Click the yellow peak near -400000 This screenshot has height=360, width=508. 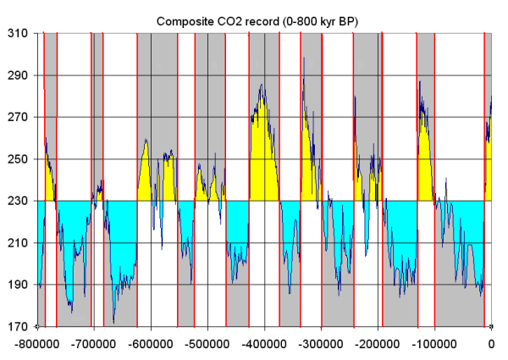pos(262,152)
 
